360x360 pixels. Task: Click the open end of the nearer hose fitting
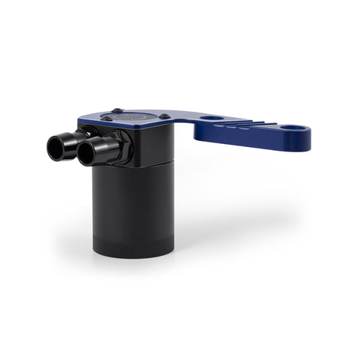85,155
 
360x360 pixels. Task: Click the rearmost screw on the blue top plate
116,111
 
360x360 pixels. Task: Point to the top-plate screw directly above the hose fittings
107,118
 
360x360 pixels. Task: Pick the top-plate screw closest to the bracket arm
163,116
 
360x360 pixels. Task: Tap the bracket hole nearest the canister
212,118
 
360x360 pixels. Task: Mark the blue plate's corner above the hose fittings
81,118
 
